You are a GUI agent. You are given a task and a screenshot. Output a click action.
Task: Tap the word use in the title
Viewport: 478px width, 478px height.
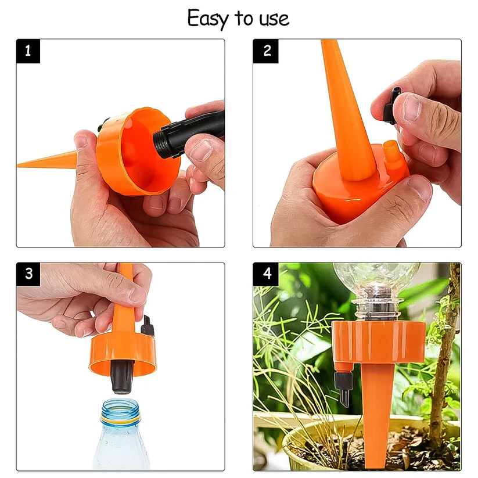click(x=273, y=20)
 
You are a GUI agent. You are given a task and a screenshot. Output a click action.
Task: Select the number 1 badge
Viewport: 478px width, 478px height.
click(x=28, y=51)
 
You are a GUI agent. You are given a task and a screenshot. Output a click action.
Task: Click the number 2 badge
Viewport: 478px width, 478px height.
click(x=266, y=51)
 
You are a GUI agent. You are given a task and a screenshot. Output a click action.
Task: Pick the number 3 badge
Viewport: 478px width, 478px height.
click(x=28, y=274)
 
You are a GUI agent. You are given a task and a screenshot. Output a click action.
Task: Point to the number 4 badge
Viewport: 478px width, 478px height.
click(x=266, y=274)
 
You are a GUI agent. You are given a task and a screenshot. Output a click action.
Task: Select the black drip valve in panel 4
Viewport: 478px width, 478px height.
click(x=342, y=386)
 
